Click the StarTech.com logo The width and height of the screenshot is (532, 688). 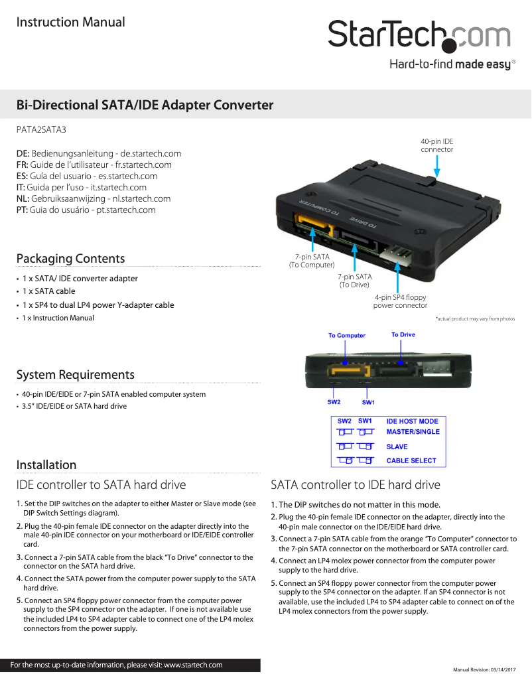[419, 37]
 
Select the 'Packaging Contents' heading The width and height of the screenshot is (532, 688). [70, 258]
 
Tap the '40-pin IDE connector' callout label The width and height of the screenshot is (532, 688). [437, 145]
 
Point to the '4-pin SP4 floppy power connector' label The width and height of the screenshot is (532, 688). [400, 302]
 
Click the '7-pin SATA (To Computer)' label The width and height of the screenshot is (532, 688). [312, 261]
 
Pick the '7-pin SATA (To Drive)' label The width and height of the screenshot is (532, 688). [354, 281]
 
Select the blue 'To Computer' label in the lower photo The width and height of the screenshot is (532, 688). [346, 335]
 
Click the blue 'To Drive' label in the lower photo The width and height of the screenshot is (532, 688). [403, 334]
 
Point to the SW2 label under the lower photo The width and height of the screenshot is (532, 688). [334, 402]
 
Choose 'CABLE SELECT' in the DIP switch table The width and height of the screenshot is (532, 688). [411, 460]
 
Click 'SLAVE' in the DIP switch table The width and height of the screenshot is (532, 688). [397, 447]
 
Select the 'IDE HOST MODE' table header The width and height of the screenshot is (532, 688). [412, 421]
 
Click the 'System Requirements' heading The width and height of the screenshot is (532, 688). [75, 375]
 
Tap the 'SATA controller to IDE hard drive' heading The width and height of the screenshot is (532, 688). [356, 484]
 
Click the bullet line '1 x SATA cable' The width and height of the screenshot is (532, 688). [48, 291]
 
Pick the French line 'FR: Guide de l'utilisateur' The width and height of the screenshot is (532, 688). [94, 165]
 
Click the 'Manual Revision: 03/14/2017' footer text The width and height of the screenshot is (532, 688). [484, 669]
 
